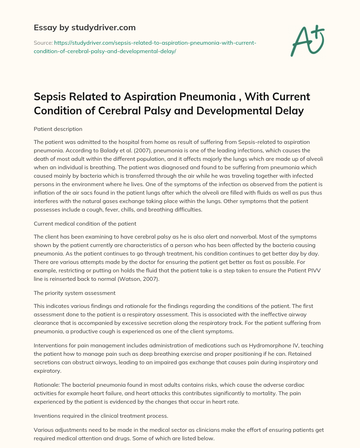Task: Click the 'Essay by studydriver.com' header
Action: click(85, 27)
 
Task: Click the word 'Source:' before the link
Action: click(43, 43)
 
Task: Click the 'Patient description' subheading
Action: click(58, 129)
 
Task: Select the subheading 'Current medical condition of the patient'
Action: click(85, 223)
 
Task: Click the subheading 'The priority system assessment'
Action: click(75, 293)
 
